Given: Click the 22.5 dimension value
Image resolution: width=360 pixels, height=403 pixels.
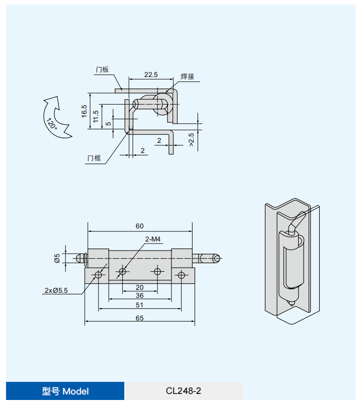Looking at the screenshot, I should pos(151,74).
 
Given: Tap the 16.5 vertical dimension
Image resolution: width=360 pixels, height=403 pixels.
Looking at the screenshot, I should pos(84,111).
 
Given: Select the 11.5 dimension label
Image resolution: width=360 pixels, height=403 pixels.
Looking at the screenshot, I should pos(96,116).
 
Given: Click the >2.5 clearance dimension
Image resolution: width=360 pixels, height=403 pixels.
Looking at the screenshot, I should pos(191,139).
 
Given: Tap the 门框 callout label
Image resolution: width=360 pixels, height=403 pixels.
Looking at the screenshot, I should pos(94,158).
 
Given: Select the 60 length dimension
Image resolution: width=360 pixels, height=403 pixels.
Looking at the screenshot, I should pos(140,226).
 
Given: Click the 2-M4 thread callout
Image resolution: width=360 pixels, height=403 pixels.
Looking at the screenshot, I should pos(152,239).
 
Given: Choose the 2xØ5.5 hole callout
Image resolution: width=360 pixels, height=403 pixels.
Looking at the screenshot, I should pos(56,290).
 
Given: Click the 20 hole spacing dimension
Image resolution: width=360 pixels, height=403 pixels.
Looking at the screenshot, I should pos(140,287).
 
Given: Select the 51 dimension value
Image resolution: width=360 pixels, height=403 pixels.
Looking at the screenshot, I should pos(140,305).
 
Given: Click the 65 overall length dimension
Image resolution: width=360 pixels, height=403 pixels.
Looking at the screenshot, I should pos(140,318).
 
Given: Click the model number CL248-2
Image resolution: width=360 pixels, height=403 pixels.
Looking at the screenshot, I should pos(184,391).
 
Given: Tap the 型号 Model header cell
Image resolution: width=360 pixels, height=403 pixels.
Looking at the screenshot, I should pos(65,391).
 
